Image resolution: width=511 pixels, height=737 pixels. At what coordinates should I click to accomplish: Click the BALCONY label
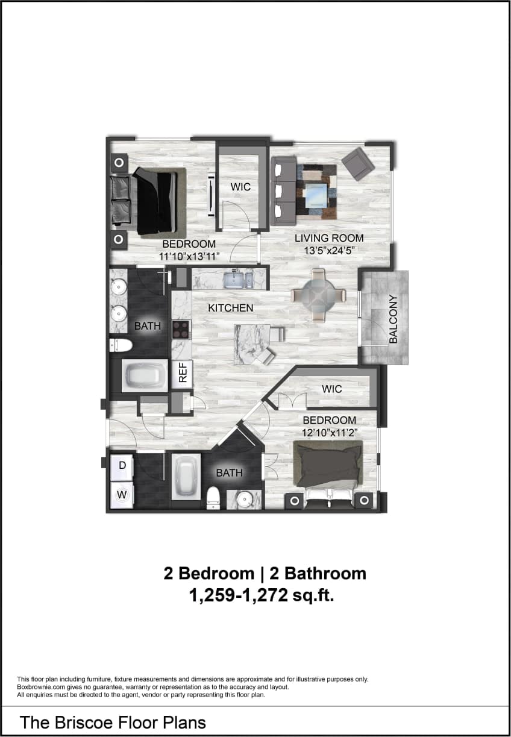point(393,319)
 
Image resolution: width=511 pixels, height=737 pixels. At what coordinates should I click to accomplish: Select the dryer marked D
point(122,465)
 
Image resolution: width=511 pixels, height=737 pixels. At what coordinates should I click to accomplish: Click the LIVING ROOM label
point(329,238)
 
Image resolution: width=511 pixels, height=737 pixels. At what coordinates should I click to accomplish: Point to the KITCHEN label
point(230,308)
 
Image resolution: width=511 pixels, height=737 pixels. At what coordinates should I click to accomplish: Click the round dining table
point(319,295)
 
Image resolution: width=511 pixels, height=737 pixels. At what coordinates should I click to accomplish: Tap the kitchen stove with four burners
point(181,329)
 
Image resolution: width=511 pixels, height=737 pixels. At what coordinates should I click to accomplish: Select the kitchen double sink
point(239,280)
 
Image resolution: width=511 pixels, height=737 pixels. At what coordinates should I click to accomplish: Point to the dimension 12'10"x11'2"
point(329,432)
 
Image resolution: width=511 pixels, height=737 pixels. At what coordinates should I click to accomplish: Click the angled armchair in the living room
point(358,163)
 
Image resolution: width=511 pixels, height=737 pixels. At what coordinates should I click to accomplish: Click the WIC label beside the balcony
point(331,389)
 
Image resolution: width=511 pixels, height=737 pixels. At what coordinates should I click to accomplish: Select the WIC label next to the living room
point(240,187)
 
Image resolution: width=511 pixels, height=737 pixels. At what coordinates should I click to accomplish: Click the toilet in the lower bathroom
point(212,498)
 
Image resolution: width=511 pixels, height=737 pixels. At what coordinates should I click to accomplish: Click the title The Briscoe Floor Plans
point(113,723)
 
